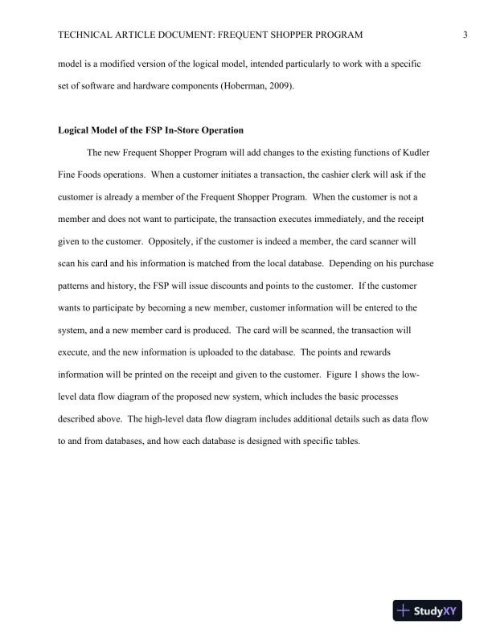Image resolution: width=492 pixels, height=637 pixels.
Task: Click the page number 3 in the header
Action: [x=466, y=35]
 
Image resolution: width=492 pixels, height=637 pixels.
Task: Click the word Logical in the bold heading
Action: [x=78, y=129]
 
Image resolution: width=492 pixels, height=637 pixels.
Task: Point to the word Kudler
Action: [x=424, y=152]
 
